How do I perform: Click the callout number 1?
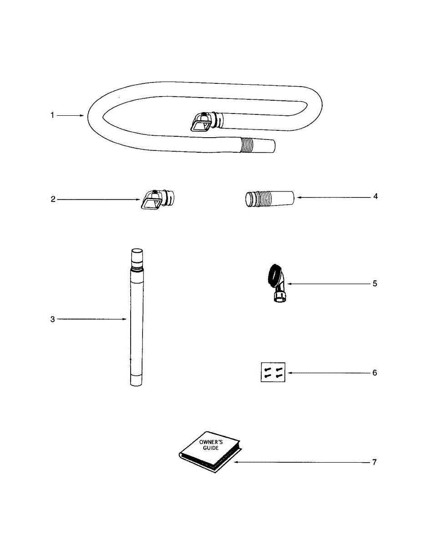(x=52, y=116)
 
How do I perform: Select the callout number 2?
(x=53, y=199)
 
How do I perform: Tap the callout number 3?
(x=52, y=320)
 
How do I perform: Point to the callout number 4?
(x=375, y=196)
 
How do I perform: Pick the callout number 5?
(x=375, y=284)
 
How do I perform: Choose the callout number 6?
(x=375, y=373)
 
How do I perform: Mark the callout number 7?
(x=374, y=462)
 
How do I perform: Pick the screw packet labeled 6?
(x=273, y=372)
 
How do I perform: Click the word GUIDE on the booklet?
(x=211, y=448)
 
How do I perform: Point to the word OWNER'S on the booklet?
(x=208, y=442)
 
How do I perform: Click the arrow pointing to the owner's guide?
(x=300, y=462)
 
